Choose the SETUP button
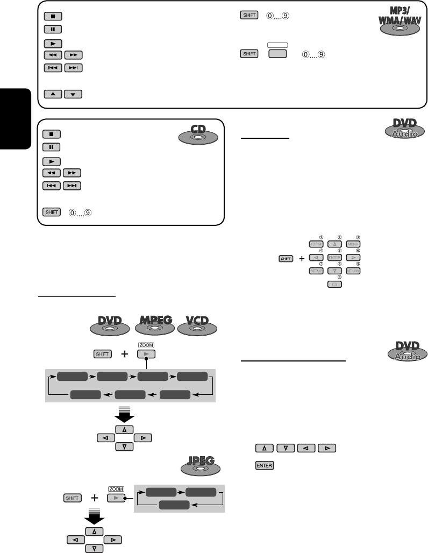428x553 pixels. [316, 271]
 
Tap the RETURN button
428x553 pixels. [353, 271]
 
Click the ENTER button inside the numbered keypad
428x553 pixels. [334, 258]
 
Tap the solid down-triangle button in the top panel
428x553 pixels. [74, 95]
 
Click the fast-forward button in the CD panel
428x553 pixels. [74, 173]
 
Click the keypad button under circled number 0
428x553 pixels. [334, 285]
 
